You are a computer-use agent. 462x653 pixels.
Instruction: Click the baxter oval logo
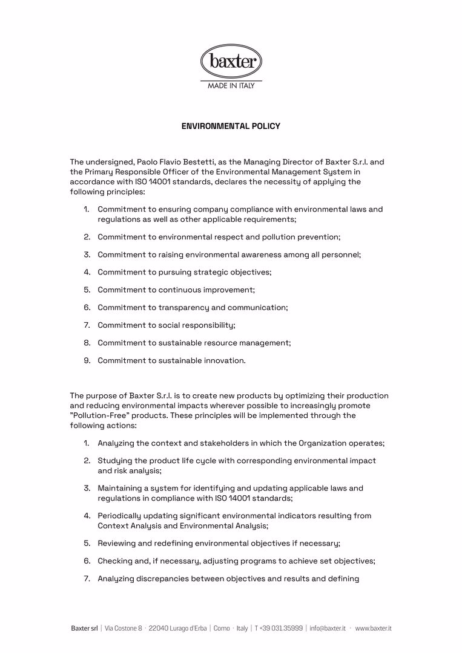[231, 61]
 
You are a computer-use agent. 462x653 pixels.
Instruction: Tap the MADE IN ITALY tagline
[231, 85]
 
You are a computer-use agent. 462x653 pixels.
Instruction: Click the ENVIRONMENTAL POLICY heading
[231, 126]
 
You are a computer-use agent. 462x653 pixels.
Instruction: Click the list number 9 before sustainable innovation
[87, 360]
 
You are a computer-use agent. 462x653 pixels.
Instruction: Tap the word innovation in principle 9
[223, 360]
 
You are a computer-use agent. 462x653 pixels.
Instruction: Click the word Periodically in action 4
[119, 516]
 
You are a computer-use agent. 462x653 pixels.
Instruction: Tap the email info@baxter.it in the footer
[328, 629]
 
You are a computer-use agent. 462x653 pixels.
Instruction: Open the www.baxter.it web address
[373, 629]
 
